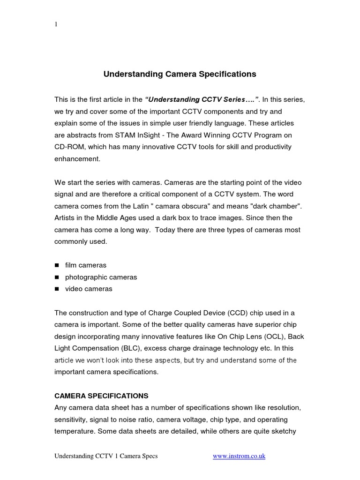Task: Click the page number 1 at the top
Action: coord(56,25)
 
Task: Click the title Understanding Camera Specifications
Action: coord(180,74)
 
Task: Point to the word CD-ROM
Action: coord(70,147)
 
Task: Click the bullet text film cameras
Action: coord(86,265)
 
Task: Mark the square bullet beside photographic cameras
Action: coord(57,277)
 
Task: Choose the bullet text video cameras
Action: coord(89,289)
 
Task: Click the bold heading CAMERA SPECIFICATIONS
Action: coord(101,396)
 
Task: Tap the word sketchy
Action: coord(281,431)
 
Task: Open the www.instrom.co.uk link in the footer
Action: coord(239,456)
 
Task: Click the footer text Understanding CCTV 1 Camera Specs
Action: coord(106,456)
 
